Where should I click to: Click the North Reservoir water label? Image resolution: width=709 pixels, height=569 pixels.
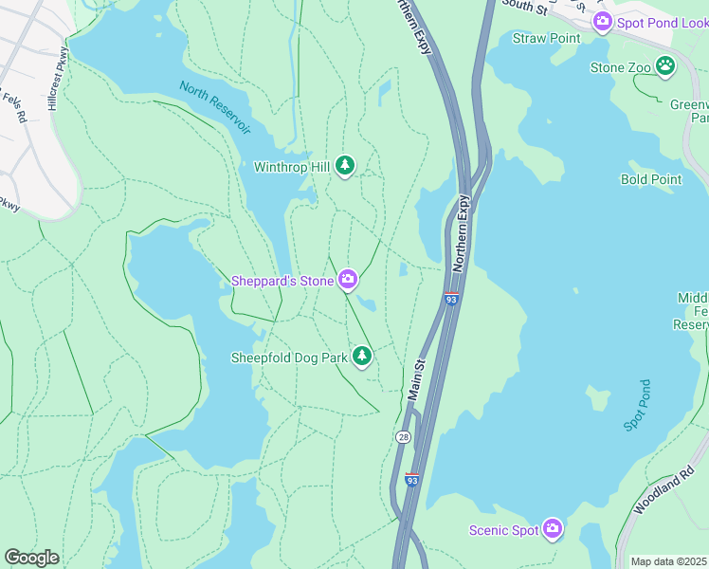point(216,106)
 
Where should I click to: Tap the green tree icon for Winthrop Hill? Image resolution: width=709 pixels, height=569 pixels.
point(345,167)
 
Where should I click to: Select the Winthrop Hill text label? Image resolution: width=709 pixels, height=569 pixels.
point(291,167)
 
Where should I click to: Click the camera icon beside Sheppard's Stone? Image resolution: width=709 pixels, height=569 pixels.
point(349,279)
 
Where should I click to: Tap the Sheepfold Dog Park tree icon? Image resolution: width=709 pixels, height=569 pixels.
point(361,357)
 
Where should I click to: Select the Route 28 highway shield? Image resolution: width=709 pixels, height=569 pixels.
point(404,437)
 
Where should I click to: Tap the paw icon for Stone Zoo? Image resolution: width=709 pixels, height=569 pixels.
point(666,66)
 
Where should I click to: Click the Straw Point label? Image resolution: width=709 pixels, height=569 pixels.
point(546,38)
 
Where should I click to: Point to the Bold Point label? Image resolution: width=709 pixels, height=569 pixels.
point(651,179)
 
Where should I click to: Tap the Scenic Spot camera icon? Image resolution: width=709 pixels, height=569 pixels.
point(553,529)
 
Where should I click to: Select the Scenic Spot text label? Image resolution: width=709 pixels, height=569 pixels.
point(503,530)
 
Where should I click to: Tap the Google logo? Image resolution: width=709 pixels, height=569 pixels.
point(31,558)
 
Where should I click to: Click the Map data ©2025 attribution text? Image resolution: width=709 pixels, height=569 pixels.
point(669,561)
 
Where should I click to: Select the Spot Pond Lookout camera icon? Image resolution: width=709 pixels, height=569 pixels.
point(601,21)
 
